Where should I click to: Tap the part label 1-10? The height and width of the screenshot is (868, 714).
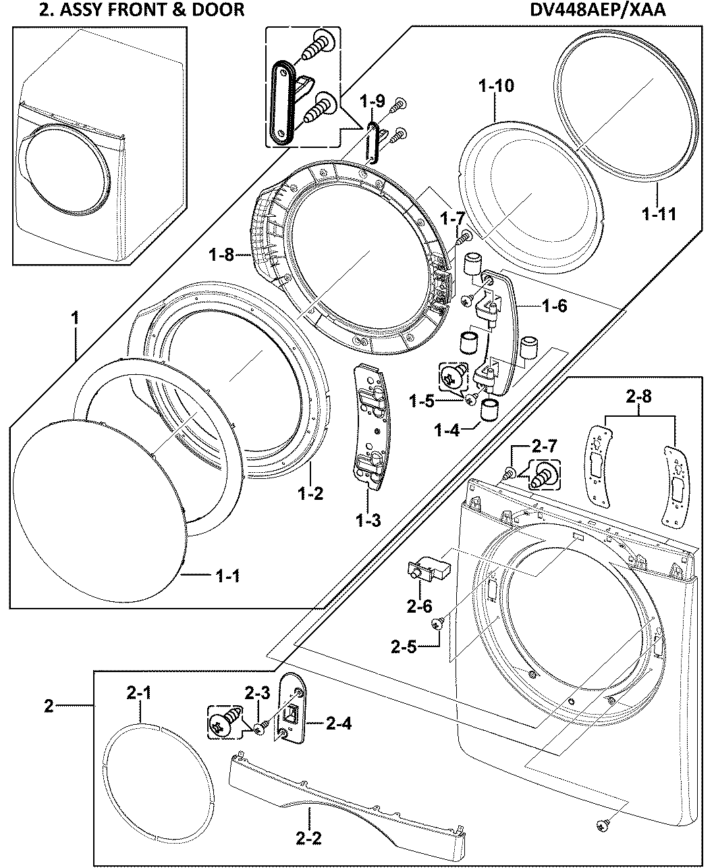tap(496, 86)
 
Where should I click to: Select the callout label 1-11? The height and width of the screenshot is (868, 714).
tap(658, 215)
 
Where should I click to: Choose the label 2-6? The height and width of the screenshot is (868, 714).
tap(419, 606)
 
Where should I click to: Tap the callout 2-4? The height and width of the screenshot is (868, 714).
tap(337, 723)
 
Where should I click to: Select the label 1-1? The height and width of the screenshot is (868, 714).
tap(227, 576)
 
